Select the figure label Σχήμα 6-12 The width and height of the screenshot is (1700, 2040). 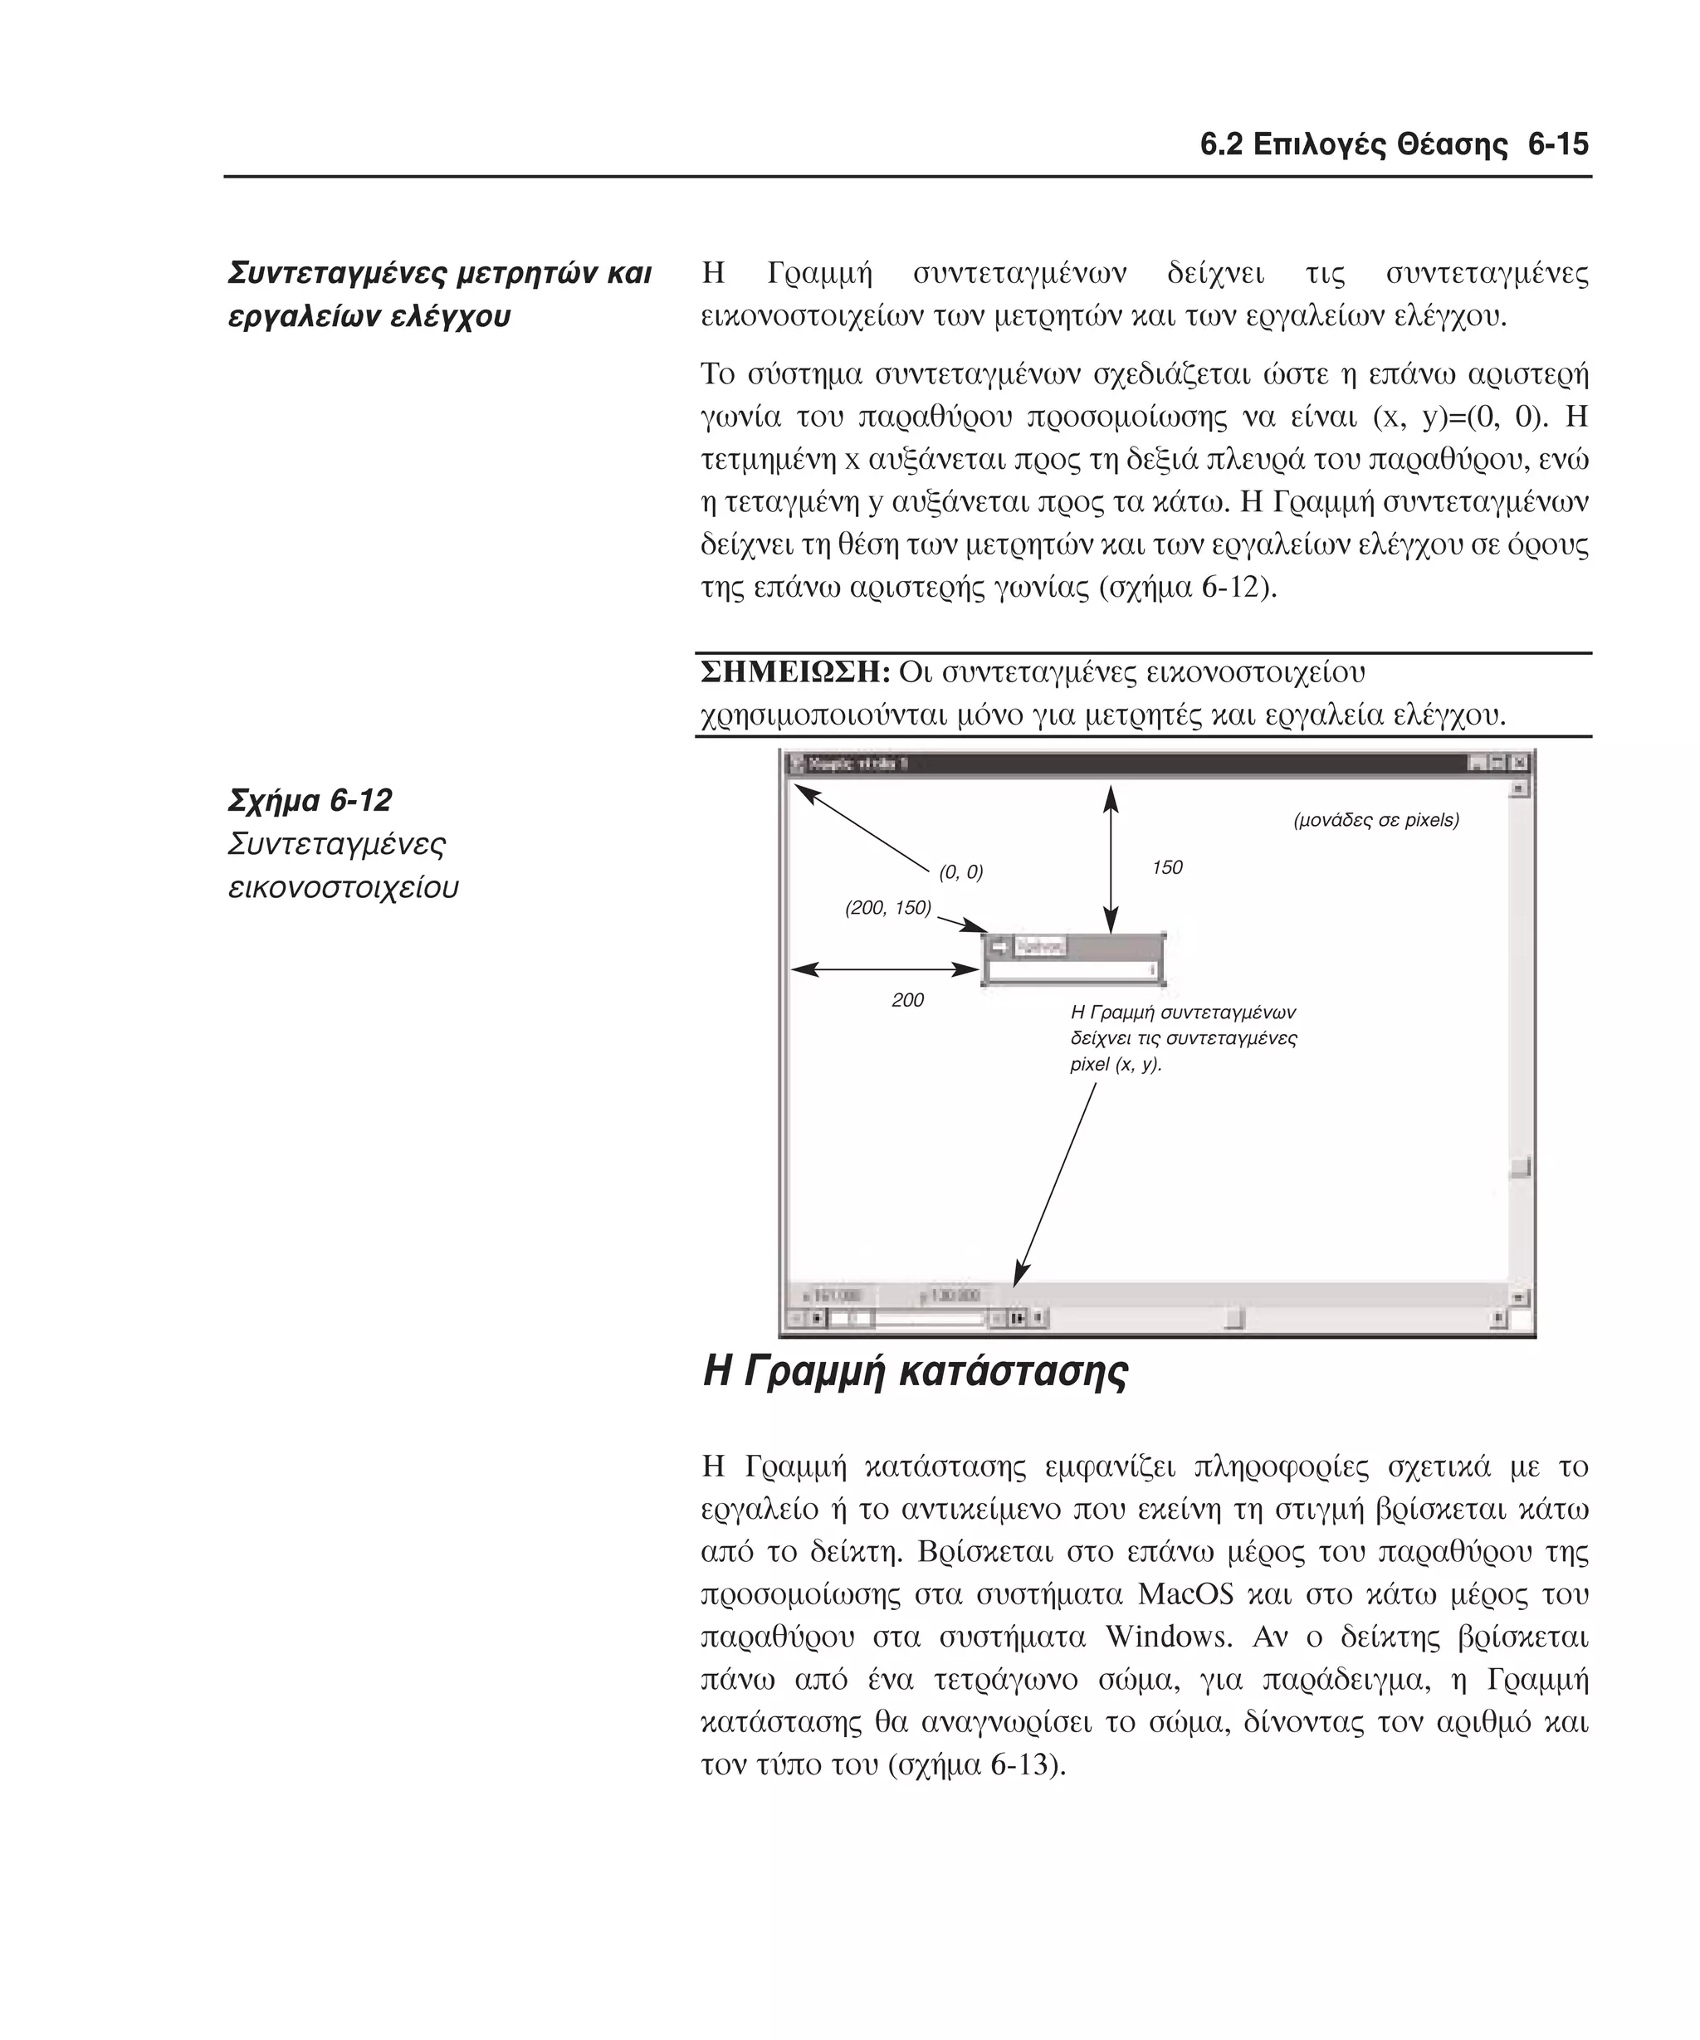click(x=310, y=800)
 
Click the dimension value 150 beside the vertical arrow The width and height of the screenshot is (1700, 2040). click(x=1167, y=867)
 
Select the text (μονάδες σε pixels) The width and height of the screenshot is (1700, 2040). click(x=1375, y=820)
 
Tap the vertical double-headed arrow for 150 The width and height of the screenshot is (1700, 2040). click(x=1111, y=860)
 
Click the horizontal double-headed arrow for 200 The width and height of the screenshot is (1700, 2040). click(x=885, y=969)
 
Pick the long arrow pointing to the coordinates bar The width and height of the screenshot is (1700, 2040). click(x=1056, y=1185)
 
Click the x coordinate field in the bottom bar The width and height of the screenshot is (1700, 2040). click(x=834, y=1295)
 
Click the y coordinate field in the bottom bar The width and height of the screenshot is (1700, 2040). click(x=952, y=1295)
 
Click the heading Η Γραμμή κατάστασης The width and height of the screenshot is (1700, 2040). click(x=914, y=1372)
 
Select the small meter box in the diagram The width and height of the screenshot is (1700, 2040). click(x=1073, y=959)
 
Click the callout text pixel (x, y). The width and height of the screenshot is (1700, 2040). click(x=1116, y=1064)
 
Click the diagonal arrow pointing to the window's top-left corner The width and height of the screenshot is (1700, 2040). click(x=862, y=828)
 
